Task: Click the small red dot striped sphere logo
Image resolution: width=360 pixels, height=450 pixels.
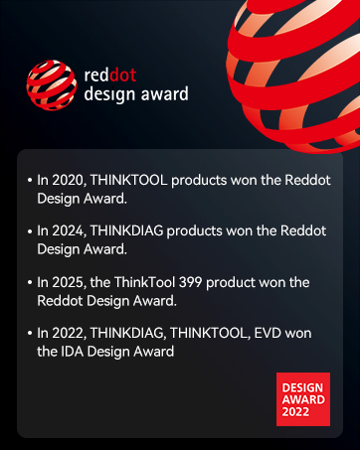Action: tap(52, 85)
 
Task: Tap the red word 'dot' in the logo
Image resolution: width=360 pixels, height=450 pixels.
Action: tap(122, 75)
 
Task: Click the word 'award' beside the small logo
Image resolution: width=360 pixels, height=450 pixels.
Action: tap(165, 94)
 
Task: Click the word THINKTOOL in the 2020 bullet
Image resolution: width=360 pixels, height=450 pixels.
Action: tap(128, 180)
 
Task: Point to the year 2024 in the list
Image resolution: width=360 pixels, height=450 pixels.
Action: tap(69, 231)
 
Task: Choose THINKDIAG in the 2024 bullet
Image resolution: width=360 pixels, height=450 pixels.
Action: tap(126, 230)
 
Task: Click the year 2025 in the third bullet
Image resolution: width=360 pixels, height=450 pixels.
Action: tap(69, 283)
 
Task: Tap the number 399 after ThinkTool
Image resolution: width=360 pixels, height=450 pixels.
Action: tap(190, 282)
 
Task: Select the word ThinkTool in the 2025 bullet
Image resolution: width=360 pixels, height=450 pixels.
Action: tap(144, 282)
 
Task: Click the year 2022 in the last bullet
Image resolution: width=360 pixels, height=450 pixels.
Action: tap(69, 334)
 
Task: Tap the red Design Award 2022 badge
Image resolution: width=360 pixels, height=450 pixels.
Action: tap(303, 399)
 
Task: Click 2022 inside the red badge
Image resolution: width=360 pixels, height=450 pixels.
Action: tap(295, 412)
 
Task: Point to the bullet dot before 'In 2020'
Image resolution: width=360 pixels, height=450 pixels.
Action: tap(30, 181)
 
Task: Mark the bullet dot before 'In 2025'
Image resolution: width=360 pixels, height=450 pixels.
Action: tap(30, 282)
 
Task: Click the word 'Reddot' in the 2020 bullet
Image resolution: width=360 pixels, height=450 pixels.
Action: tap(307, 180)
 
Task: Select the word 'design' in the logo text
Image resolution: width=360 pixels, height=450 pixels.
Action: tap(110, 94)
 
